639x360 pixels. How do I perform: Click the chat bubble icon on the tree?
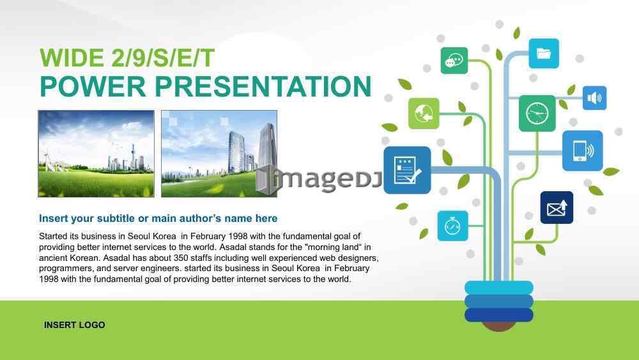point(454,61)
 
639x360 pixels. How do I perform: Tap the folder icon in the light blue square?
point(544,54)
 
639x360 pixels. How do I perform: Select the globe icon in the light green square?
point(424,113)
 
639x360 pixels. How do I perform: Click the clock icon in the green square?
point(537,113)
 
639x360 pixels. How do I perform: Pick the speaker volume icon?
point(594,98)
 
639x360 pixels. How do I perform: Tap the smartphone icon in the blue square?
point(582,150)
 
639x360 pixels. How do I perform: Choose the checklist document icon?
point(407,170)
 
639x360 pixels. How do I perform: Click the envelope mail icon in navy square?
point(557,208)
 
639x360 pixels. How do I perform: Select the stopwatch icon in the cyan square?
point(453,226)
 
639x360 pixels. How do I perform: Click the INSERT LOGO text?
point(75,325)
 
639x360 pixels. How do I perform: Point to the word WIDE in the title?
point(72,58)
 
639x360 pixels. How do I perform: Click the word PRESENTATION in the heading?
point(263,86)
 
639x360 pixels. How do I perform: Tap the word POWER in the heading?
point(93,86)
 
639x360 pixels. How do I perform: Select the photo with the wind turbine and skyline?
point(96,153)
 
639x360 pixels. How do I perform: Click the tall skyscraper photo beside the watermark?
point(219,153)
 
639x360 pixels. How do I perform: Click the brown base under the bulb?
point(499,326)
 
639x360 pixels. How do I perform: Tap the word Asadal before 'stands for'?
point(233,247)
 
